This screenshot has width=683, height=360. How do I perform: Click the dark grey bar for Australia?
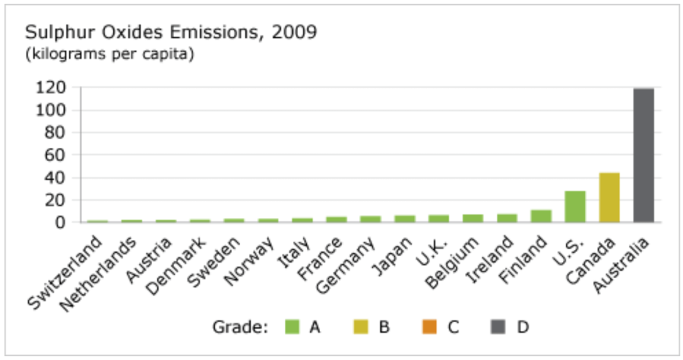tap(644, 155)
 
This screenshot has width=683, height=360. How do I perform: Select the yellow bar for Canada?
tap(609, 197)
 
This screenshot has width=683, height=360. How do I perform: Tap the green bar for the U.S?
tap(575, 207)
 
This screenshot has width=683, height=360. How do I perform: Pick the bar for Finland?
tap(541, 216)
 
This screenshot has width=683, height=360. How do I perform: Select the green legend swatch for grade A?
tap(292, 327)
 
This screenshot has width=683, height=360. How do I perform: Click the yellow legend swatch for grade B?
tap(361, 327)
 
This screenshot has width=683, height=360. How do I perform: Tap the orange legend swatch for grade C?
tap(430, 327)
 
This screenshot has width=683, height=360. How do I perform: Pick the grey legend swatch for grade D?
tap(498, 327)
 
